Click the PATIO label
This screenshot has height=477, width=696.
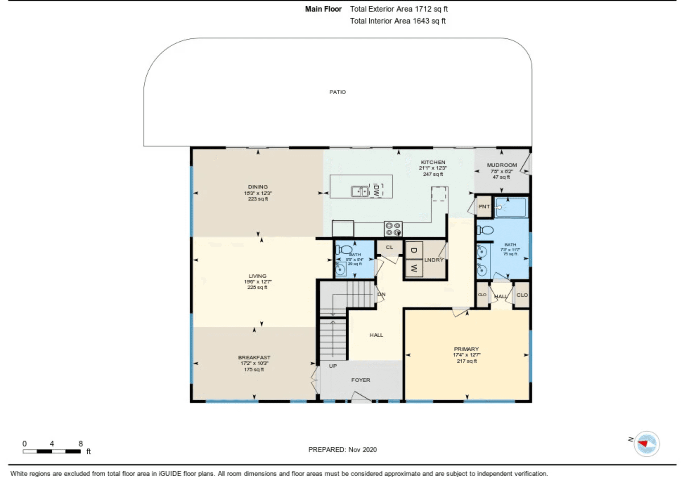point(337,92)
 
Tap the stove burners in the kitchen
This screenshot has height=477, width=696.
point(393,229)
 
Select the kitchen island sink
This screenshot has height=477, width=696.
point(360,191)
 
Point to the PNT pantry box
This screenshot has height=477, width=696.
point(484,206)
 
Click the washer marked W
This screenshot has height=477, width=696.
point(414,268)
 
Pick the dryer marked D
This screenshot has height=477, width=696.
point(414,250)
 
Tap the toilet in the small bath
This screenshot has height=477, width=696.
point(344,249)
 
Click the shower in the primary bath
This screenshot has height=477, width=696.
point(511,208)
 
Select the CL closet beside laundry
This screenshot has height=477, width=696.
point(389,247)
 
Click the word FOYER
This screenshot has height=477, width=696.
point(360,380)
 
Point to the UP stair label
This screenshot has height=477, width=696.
point(332,366)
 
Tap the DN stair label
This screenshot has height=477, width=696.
point(381,294)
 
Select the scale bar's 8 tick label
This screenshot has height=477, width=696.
point(80,444)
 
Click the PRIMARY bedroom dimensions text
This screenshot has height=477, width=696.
point(466,355)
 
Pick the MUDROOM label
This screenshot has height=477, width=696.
point(502,165)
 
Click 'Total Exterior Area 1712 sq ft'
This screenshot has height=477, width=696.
point(398,9)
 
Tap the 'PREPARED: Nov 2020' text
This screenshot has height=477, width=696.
point(342,449)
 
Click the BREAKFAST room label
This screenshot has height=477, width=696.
point(254,357)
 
